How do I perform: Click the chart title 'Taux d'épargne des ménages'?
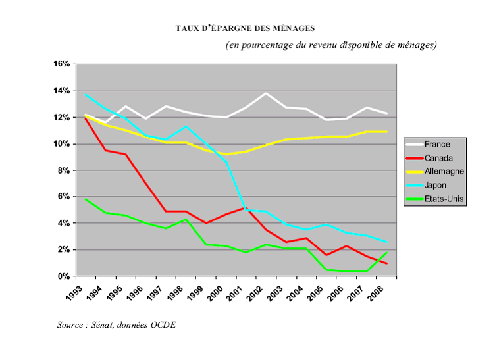click(x=246, y=28)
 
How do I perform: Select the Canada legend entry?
click(x=438, y=158)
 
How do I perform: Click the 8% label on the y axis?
click(x=63, y=170)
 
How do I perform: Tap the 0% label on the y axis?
click(x=63, y=276)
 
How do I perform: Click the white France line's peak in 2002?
click(x=265, y=93)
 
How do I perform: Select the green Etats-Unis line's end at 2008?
click(x=387, y=252)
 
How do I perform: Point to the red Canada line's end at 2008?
click(x=387, y=264)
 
